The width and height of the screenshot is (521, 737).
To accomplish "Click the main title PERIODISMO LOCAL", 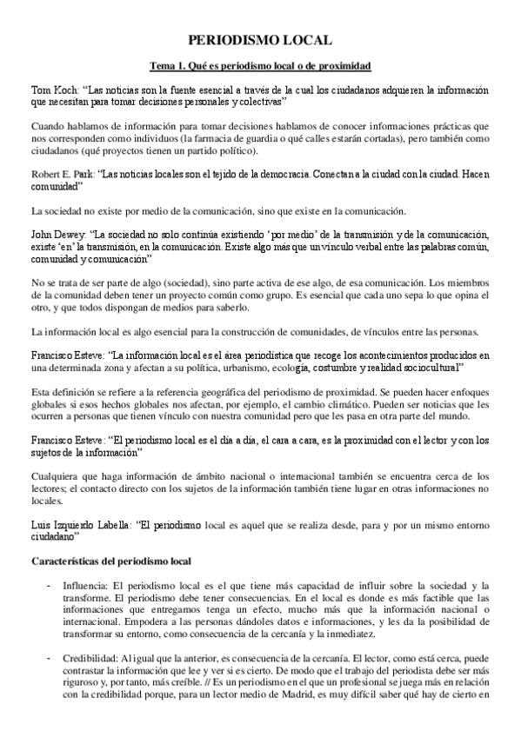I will click(x=261, y=40).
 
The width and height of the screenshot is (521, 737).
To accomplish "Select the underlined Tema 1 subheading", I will click(x=261, y=66).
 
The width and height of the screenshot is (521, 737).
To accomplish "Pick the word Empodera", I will click(x=90, y=622).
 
